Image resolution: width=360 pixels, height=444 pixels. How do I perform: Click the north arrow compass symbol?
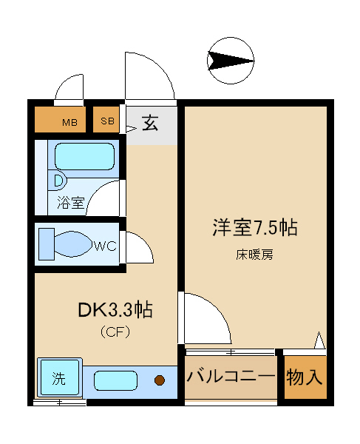click(231, 61)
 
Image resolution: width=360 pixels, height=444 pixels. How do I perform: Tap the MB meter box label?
click(69, 123)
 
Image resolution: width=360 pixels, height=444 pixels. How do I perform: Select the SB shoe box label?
click(107, 121)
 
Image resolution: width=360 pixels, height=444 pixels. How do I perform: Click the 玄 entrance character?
click(150, 123)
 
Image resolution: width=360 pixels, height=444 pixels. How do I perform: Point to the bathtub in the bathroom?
click(84, 157)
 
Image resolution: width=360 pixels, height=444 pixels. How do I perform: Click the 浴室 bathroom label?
click(71, 203)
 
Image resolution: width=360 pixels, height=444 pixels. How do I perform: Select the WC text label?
click(106, 246)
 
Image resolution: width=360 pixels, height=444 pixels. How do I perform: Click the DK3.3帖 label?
click(115, 310)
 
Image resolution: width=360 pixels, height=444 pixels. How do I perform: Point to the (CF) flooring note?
click(115, 332)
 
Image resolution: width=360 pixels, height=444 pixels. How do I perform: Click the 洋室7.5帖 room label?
click(255, 228)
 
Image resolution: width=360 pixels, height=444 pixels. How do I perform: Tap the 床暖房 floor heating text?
click(254, 255)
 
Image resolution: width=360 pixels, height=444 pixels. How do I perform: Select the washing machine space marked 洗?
click(59, 377)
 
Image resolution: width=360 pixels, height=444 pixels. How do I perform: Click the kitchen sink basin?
click(115, 380)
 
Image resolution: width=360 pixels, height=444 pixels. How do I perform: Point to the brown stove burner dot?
click(160, 380)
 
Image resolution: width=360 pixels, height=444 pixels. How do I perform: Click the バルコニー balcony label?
click(231, 377)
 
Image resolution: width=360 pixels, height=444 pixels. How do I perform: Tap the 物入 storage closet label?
click(305, 377)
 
